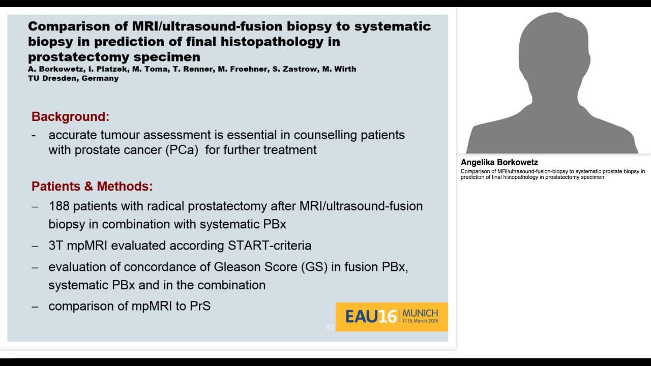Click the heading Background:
70,116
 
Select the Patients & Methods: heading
92,186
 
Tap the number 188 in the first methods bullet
59,206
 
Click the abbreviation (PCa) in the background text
182,150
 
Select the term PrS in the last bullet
200,306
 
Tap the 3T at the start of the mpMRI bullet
56,246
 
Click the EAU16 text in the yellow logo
371,317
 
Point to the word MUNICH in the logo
420,313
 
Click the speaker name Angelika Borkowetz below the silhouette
499,163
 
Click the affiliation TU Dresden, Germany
73,78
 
